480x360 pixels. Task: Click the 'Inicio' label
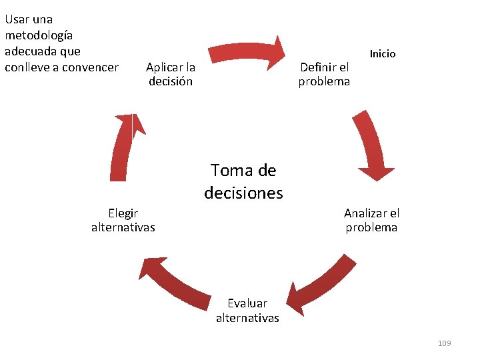pos(383,53)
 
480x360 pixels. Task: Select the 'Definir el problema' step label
pos(324,74)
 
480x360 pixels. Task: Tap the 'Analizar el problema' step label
pos(371,221)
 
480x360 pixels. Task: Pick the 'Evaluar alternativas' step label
pos(247,311)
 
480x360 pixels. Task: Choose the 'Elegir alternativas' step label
pos(123,221)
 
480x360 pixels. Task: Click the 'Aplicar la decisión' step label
pos(170,74)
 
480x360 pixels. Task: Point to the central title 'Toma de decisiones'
pos(243,182)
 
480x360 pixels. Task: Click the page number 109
pos(444,343)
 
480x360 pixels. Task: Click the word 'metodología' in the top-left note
pos(38,35)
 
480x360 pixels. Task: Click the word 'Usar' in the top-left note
pos(17,19)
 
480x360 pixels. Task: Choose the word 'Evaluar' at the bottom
pos(247,303)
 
